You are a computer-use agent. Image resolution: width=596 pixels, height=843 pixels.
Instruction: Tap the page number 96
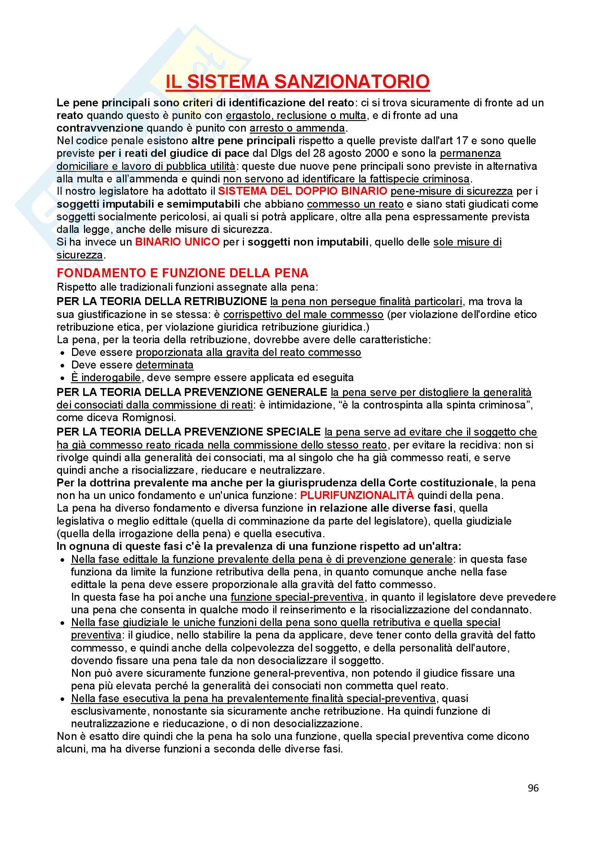(533, 788)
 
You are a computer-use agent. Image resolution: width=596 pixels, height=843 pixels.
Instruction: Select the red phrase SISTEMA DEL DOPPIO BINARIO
(302, 191)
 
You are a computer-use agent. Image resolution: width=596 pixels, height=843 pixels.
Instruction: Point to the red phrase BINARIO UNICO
(177, 242)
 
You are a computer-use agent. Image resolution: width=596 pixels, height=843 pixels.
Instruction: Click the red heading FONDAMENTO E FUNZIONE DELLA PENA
(182, 273)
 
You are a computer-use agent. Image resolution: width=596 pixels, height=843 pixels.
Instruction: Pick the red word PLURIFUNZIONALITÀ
(357, 495)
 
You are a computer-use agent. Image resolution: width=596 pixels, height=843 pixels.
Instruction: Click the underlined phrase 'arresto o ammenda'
(297, 128)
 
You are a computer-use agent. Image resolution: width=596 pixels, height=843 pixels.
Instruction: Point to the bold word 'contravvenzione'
(100, 128)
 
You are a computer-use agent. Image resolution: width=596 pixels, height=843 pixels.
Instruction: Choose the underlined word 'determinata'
(164, 365)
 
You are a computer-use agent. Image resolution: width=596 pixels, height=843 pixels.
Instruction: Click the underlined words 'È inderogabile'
(106, 378)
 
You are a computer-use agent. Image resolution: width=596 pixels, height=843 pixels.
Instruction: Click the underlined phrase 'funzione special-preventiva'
(297, 597)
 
